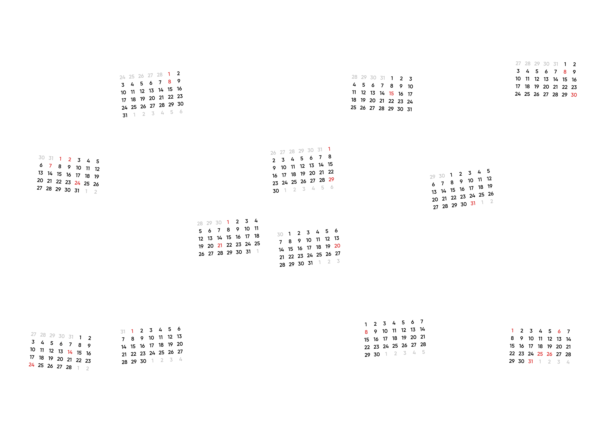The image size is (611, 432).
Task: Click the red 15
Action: pos(391,93)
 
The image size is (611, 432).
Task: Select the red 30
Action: pos(574,95)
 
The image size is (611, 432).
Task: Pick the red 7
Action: pos(50,166)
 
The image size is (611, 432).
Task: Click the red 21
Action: pos(220,246)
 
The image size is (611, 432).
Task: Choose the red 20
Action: pos(337,246)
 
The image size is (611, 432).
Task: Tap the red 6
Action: pos(559,331)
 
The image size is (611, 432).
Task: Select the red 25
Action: pos(540,354)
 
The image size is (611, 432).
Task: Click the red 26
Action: pos(549,354)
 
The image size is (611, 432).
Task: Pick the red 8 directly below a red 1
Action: pos(169,82)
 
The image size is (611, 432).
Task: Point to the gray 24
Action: pos(122,77)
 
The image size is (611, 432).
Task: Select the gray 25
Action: pos(132,77)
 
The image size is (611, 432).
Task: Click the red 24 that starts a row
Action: pos(31,365)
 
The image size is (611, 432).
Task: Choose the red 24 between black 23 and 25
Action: pos(77,183)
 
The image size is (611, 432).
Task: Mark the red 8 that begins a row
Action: pos(366,332)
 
